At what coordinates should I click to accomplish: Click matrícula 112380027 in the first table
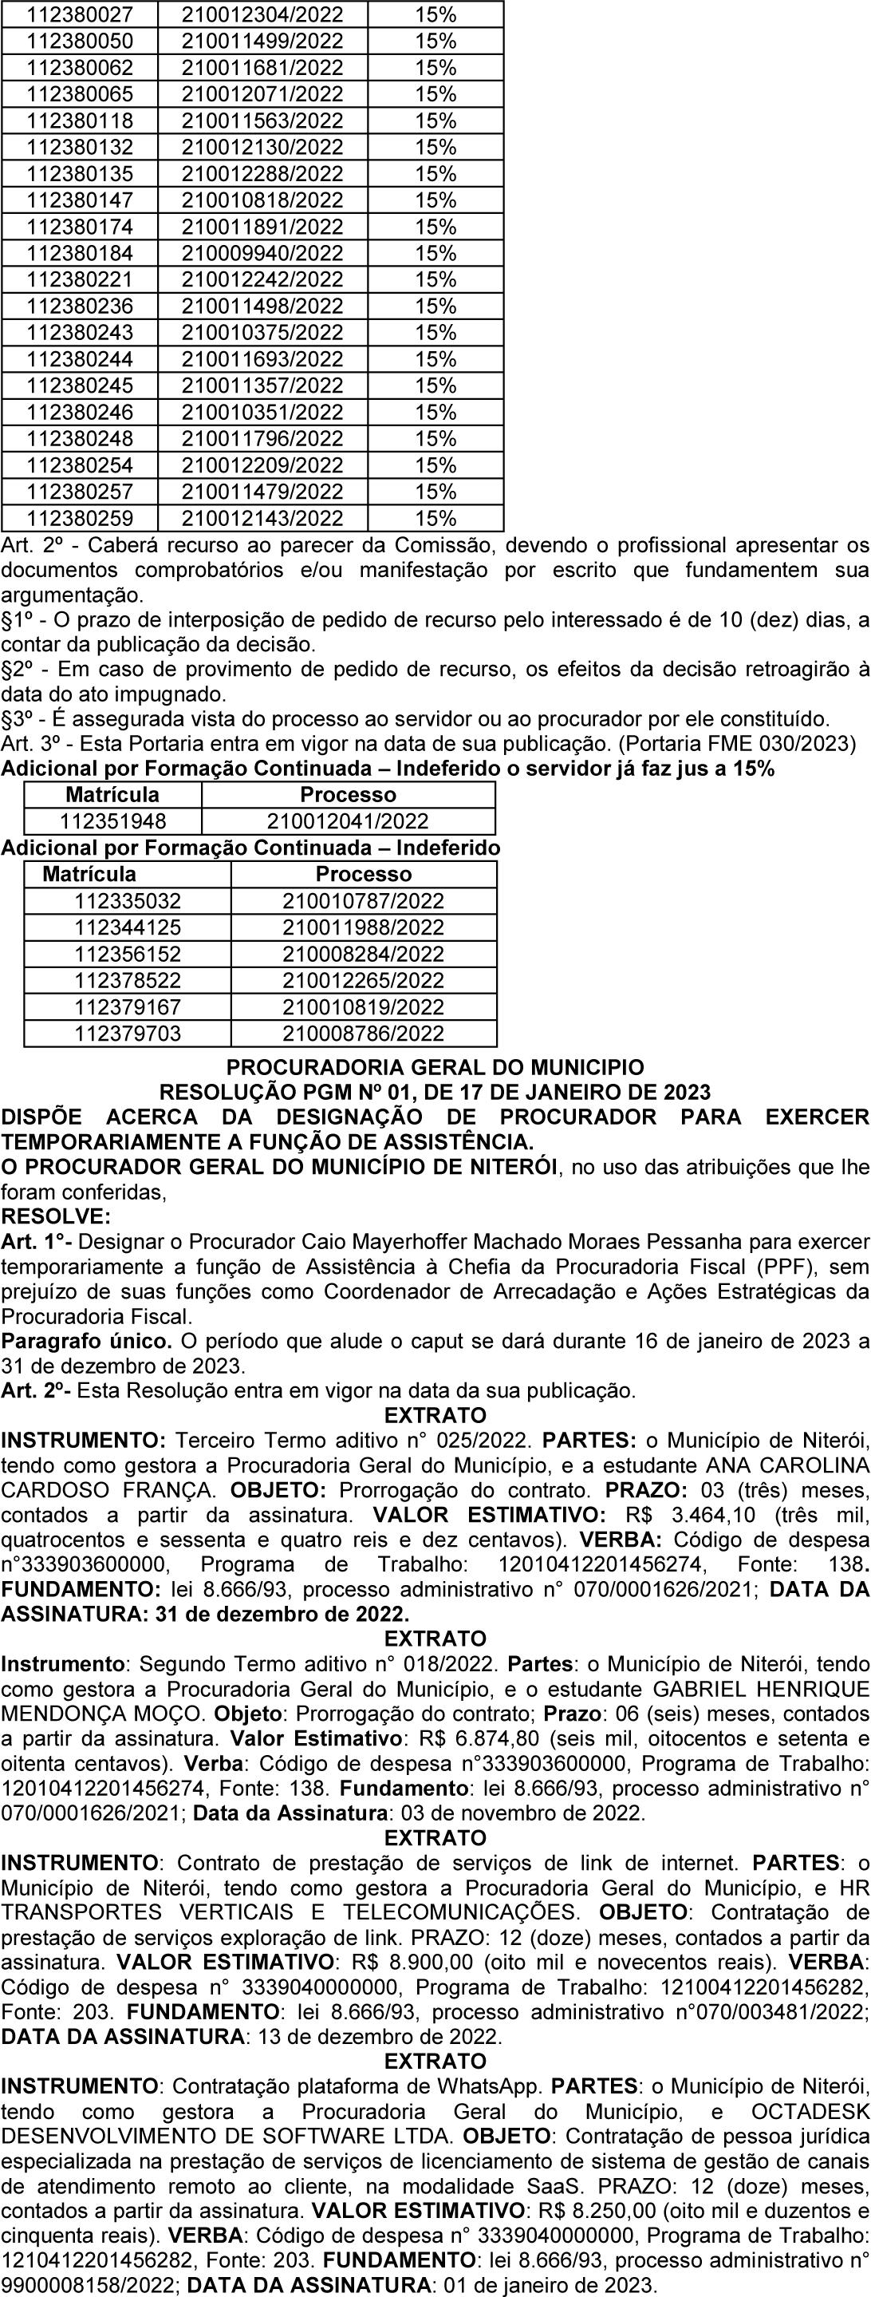point(81,14)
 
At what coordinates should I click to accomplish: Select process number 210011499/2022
point(262,41)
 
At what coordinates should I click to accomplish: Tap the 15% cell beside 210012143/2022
point(435,518)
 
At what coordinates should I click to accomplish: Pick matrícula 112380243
point(81,333)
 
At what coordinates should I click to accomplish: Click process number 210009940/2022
point(262,253)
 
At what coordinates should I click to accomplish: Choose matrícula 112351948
point(112,821)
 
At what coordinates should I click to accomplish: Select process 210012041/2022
point(348,821)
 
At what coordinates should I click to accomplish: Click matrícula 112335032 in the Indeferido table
point(128,900)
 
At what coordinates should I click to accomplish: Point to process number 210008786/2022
point(363,1034)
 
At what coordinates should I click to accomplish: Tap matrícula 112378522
point(128,980)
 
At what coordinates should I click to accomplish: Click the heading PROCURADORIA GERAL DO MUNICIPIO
point(435,1067)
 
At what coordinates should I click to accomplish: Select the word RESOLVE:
point(56,1216)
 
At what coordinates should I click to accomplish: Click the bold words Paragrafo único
point(85,1340)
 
